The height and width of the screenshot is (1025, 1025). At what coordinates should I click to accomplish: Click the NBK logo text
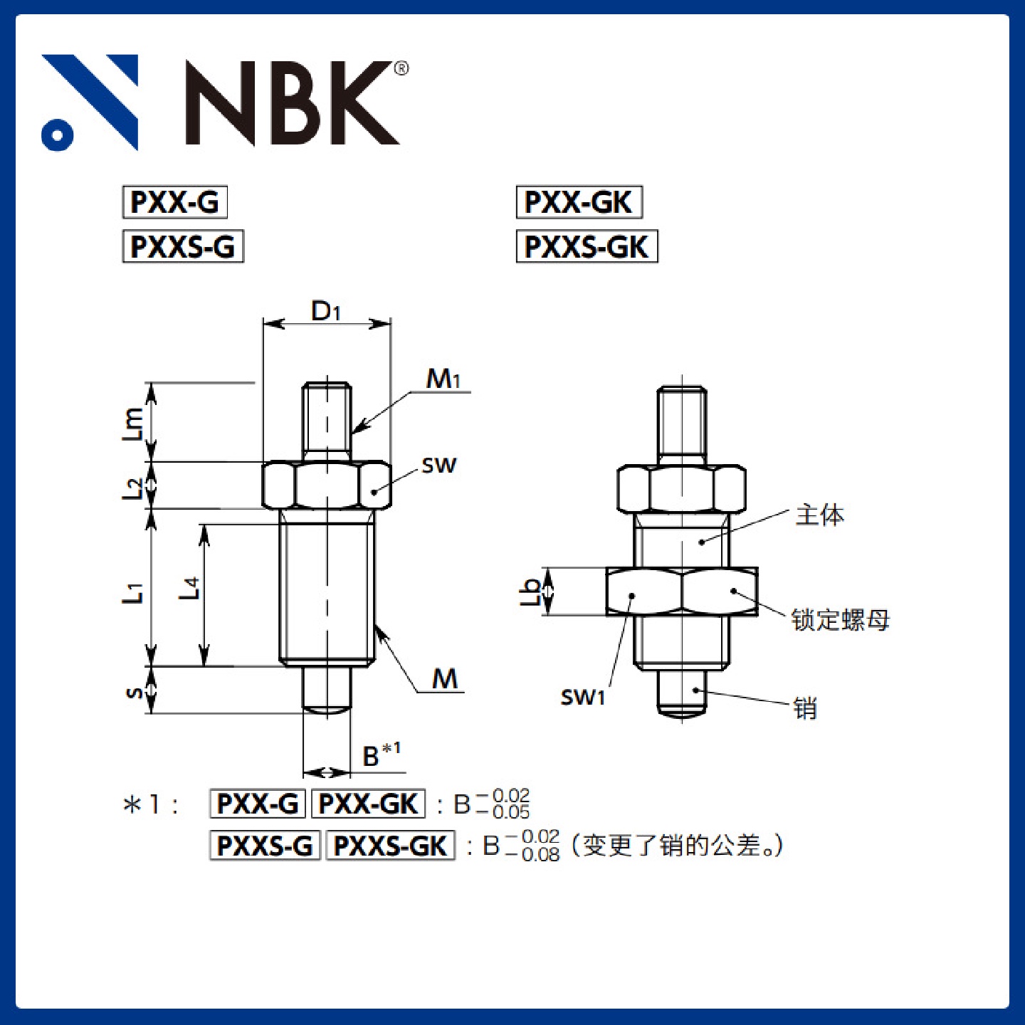292,102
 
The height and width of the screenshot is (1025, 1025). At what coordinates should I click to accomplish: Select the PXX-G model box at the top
175,202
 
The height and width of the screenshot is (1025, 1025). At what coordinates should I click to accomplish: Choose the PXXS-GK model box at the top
587,246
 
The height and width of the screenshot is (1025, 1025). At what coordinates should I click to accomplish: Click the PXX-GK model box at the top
579,202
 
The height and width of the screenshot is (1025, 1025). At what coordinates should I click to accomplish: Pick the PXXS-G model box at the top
183,246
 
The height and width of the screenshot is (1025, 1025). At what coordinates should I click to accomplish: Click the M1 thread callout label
443,379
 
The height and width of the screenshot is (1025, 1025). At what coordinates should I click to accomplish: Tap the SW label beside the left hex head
439,466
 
